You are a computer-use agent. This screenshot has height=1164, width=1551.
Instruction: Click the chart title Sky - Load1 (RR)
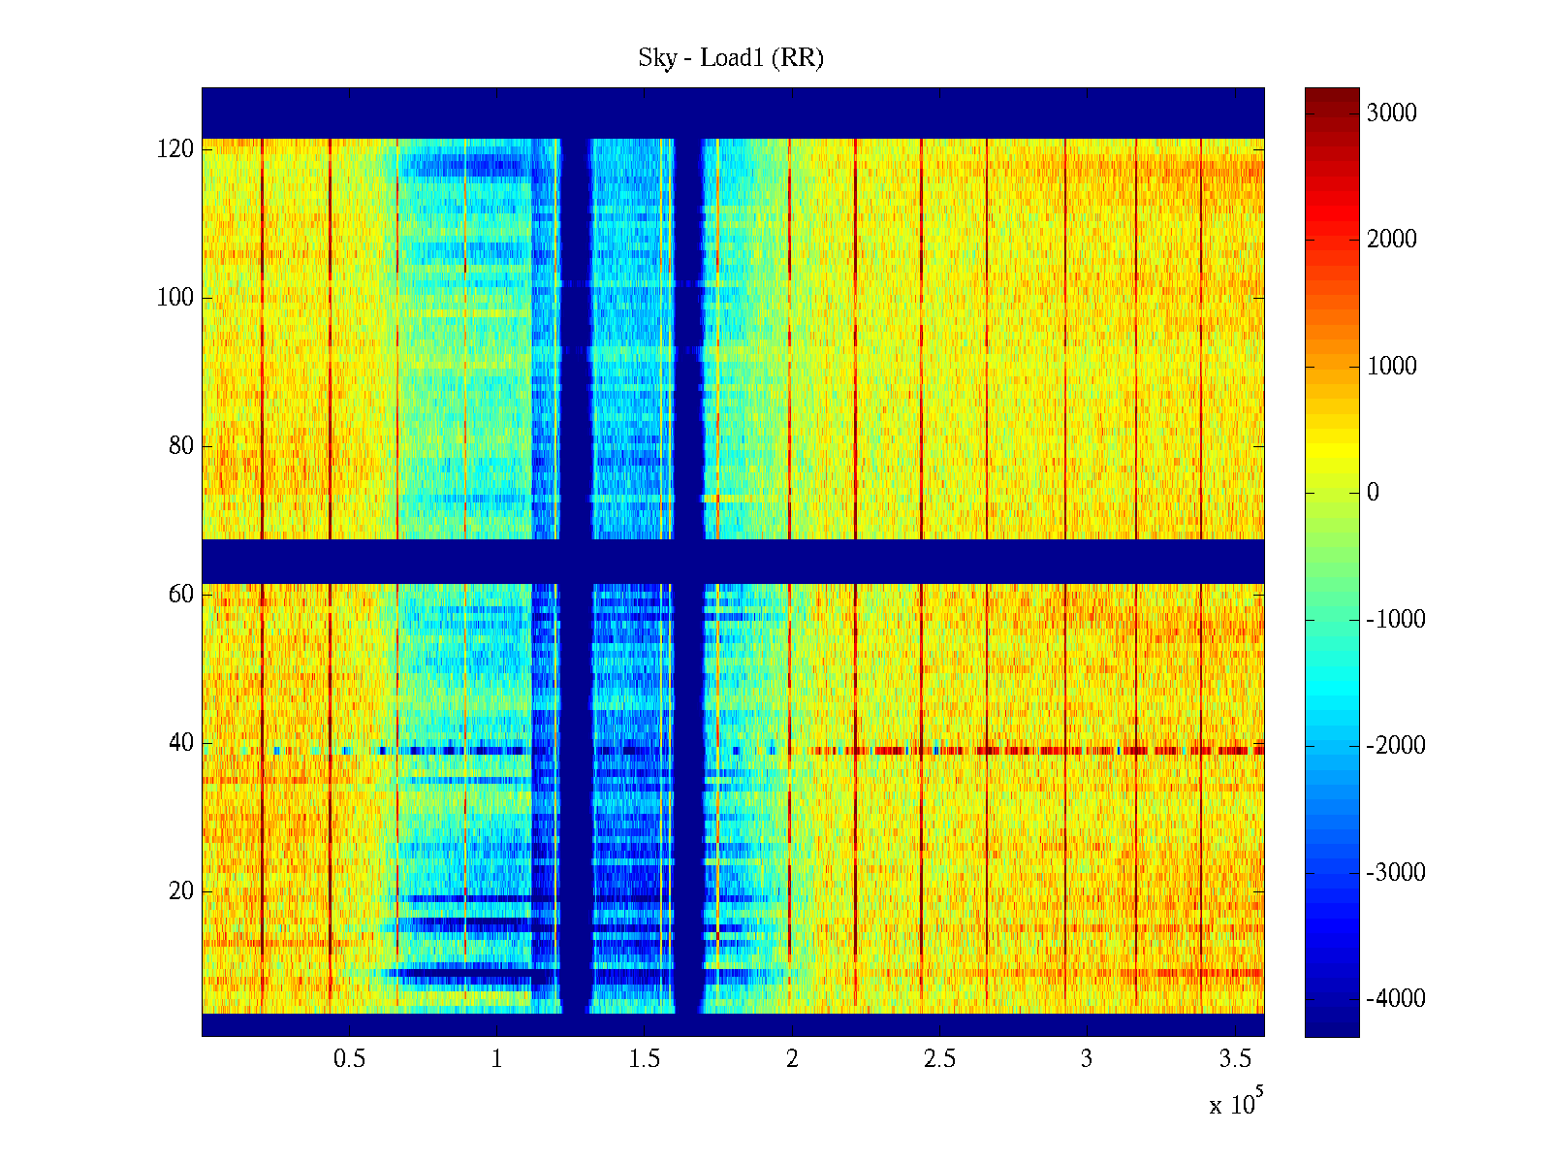coord(731,58)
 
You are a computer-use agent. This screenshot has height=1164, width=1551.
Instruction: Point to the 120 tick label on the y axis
coord(175,149)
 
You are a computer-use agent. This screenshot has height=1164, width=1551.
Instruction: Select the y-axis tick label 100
coord(175,298)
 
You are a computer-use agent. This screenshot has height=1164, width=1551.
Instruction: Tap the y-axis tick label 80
coord(181,446)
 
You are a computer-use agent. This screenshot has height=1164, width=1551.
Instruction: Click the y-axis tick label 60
coord(181,595)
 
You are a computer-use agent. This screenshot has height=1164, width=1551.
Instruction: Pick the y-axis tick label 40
coord(181,743)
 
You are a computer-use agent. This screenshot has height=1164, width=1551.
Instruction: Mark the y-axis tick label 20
coord(181,891)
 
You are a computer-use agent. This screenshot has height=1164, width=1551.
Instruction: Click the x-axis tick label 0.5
coord(349,1059)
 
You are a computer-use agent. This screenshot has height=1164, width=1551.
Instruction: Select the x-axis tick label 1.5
coord(644,1059)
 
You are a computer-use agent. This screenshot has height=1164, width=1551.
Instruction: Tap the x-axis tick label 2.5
coord(939,1059)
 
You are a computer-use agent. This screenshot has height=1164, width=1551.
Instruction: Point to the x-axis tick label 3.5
coord(1234,1059)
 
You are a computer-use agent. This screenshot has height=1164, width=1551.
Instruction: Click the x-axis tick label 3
coord(1087,1059)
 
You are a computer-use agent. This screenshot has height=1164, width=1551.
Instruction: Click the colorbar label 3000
coord(1392,113)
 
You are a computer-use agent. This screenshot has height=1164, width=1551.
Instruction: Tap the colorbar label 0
coord(1373,493)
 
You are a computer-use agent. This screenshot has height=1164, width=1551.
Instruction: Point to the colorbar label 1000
coord(1392,367)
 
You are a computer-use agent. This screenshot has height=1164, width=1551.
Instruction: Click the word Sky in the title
coord(656,58)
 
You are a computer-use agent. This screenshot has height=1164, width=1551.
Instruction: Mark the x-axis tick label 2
coord(792,1059)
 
